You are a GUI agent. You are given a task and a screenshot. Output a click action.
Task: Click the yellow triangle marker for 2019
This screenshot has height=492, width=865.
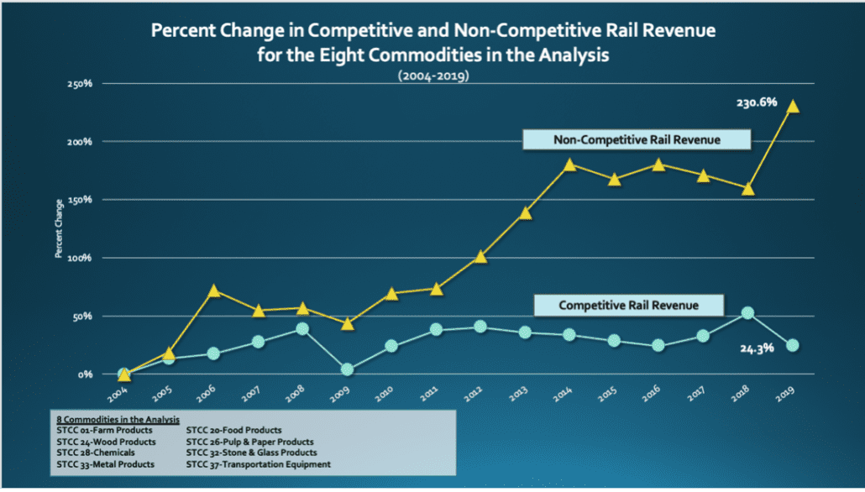click(793, 107)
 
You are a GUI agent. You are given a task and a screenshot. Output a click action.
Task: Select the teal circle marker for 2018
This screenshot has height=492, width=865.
click(747, 313)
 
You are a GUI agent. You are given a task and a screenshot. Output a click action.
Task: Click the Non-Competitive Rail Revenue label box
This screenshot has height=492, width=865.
click(637, 139)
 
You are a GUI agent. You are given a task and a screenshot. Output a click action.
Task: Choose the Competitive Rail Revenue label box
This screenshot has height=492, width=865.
click(629, 306)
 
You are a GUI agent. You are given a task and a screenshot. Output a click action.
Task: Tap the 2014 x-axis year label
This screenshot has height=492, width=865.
click(569, 392)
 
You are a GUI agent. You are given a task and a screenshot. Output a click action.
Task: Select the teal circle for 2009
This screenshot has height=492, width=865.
click(347, 369)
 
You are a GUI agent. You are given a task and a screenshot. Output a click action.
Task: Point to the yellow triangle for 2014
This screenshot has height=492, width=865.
click(570, 165)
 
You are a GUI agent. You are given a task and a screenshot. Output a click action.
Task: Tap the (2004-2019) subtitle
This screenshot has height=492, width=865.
click(432, 76)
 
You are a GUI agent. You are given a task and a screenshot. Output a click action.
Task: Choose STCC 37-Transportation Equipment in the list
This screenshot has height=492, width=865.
click(259, 463)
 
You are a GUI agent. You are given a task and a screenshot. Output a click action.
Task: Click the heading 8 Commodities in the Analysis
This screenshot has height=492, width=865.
click(117, 419)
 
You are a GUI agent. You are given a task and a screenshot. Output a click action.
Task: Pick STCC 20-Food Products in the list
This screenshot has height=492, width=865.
click(234, 430)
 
